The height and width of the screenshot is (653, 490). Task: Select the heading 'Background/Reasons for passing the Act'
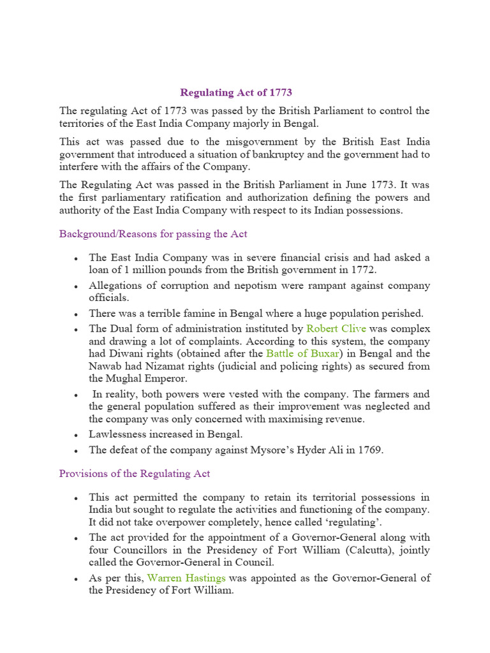(x=153, y=234)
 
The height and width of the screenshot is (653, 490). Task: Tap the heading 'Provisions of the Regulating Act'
(x=135, y=474)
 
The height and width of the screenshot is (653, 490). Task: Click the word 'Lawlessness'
(x=118, y=434)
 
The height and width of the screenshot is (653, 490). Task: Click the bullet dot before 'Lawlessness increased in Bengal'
(x=77, y=435)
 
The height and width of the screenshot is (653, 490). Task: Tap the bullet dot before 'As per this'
(x=77, y=579)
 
